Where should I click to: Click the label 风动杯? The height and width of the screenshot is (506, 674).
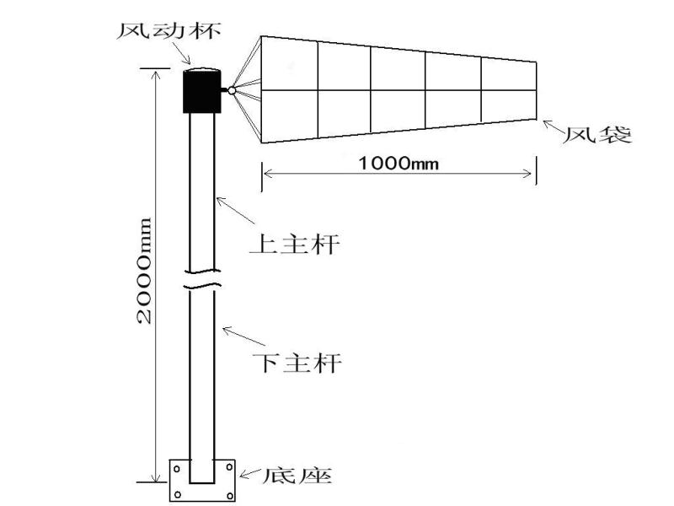169,30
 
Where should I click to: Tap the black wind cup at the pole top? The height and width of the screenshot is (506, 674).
202,91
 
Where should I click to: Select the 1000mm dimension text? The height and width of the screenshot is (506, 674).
399,164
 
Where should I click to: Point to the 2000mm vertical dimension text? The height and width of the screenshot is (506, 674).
144,271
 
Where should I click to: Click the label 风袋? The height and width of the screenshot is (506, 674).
597,135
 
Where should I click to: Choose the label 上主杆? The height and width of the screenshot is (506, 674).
294,244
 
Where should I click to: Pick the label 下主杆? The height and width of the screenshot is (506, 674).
297,363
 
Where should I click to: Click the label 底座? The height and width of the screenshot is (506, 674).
297,475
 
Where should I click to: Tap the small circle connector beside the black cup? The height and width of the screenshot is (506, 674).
232,90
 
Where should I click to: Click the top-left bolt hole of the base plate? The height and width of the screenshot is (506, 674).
178,469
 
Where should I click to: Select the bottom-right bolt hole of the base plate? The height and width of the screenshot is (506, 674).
229,496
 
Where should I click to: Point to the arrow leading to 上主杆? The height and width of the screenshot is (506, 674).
236,210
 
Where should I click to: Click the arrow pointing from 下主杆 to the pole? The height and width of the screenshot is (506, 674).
243,336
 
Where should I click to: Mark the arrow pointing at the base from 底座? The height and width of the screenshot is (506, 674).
249,473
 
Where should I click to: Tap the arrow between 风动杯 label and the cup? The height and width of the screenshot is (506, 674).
184,54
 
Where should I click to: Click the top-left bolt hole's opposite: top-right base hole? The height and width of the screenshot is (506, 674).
229,467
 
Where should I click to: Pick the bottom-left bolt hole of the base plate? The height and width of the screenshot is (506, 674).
178,495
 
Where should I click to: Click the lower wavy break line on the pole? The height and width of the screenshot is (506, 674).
202,286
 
